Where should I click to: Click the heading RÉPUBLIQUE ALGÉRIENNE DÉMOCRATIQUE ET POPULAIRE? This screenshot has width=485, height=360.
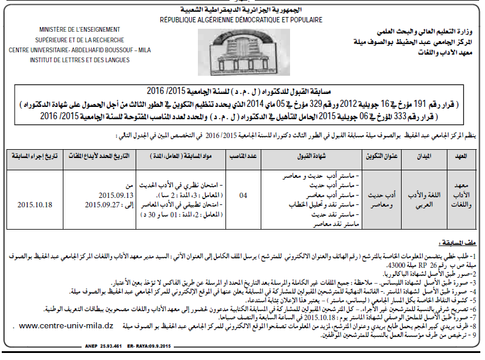point(241,20)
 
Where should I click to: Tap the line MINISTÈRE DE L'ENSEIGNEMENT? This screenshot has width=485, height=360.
point(80,30)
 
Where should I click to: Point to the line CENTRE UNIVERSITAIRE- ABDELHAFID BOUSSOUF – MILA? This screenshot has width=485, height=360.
point(80,49)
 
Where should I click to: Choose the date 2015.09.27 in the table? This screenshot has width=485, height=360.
point(110,204)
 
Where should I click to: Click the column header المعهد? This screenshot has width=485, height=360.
point(460,157)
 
